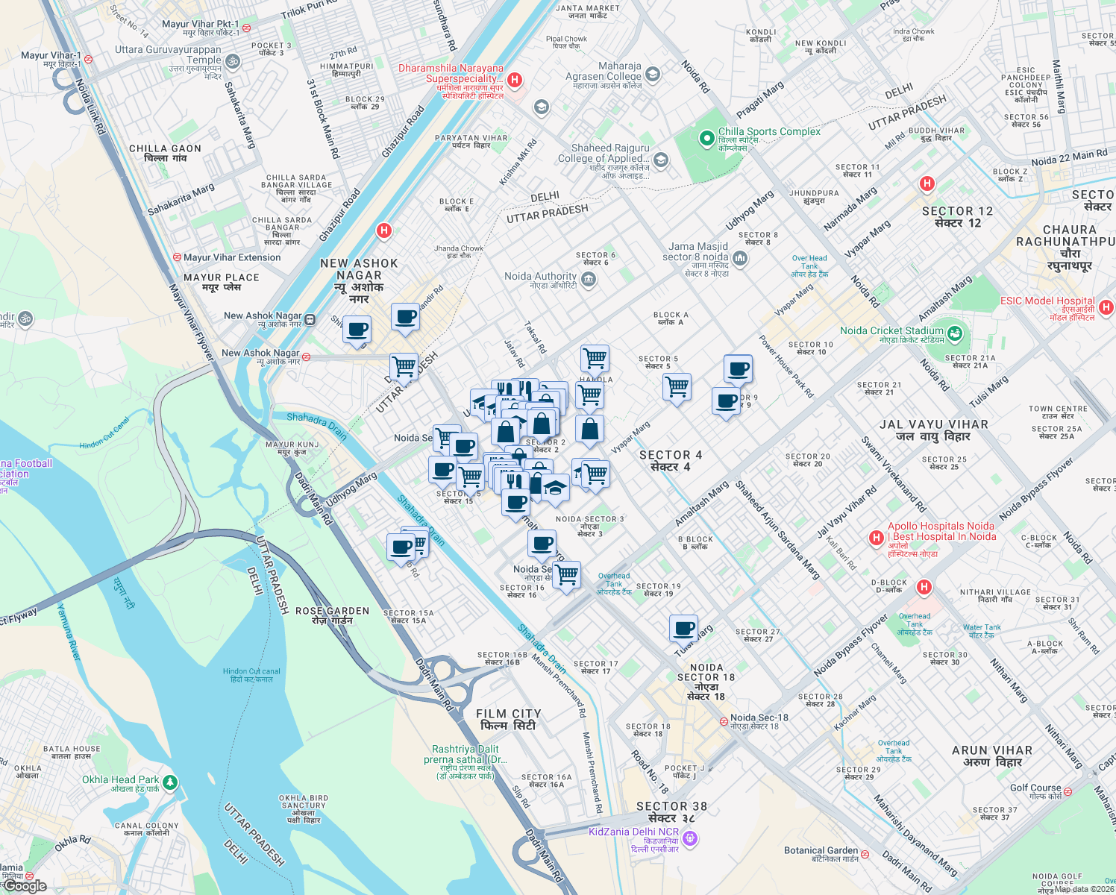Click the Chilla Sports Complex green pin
point(706,139)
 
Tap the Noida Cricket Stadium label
point(891,330)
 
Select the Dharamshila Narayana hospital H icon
point(514,80)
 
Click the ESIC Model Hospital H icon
point(1106,307)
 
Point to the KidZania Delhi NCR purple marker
point(691,839)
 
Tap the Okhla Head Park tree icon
point(170,782)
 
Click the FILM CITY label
point(508,714)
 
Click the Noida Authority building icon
point(588,280)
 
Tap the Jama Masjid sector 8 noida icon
point(740,258)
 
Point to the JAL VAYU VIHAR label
point(933,424)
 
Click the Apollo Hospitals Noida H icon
point(877,537)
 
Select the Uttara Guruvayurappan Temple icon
point(232,61)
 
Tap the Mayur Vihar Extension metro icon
point(177,257)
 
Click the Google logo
point(25,885)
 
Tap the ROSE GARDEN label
point(332,611)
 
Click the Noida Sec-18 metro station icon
point(724,722)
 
